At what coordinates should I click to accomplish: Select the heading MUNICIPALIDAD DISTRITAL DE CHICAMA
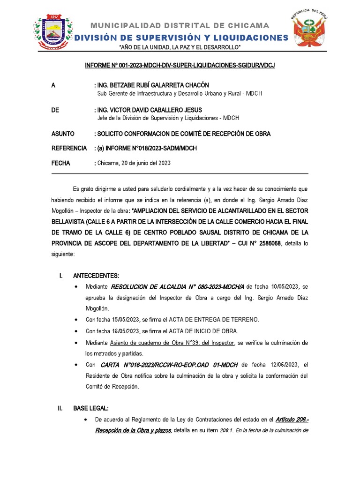pyautogui.click(x=180, y=25)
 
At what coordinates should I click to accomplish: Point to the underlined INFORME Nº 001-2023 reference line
pyautogui.click(x=180, y=65)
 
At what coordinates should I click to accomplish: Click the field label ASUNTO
pyautogui.click(x=63, y=134)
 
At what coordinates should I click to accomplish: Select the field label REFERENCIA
pyautogui.click(x=69, y=149)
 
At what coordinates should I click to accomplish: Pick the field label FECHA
pyautogui.click(x=60, y=163)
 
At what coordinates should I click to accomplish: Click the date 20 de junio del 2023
pyautogui.click(x=145, y=163)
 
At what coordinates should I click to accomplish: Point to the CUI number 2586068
pyautogui.click(x=266, y=244)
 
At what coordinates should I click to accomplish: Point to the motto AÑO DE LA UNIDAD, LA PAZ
pyautogui.click(x=180, y=48)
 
